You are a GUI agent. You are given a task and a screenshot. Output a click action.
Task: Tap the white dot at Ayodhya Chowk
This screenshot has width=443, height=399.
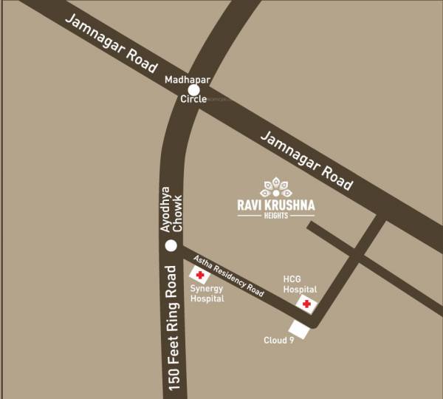click(x=171, y=245)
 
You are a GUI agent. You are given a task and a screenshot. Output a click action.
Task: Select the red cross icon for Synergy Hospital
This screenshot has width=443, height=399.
click(x=200, y=275)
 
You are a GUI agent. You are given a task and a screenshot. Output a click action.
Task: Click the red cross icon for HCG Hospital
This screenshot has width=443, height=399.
click(x=306, y=304)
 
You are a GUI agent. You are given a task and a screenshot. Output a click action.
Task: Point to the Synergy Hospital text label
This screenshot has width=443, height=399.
click(x=207, y=294)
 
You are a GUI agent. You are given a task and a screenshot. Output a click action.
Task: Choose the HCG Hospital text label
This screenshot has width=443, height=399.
click(x=301, y=284)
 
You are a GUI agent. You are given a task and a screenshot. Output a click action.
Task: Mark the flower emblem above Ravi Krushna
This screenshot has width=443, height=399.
click(x=276, y=187)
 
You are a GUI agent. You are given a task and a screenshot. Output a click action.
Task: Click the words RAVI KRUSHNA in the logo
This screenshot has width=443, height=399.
click(x=276, y=205)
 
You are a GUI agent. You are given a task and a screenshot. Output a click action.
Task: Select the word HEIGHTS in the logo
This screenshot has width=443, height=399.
click(x=276, y=216)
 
